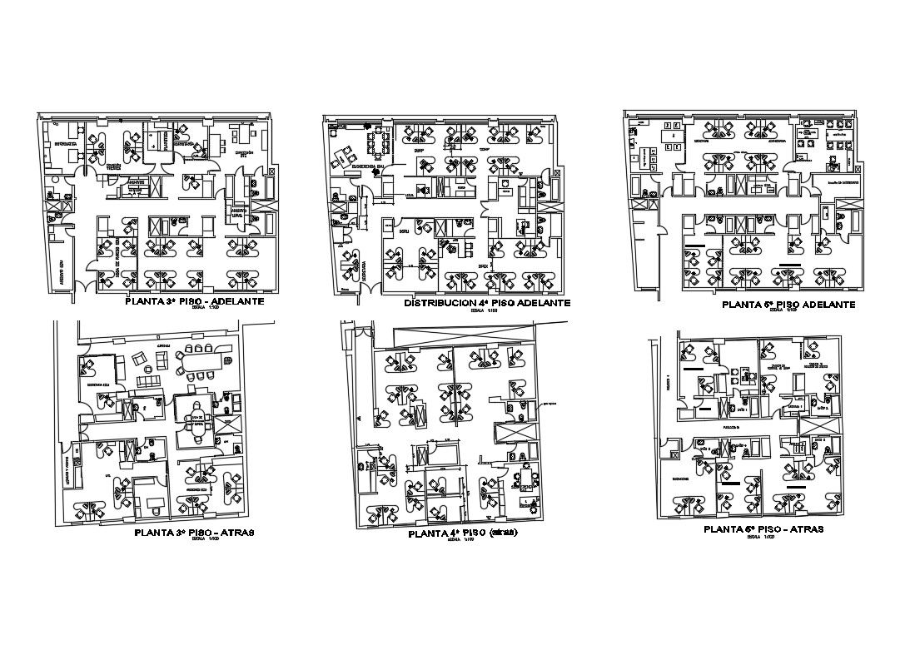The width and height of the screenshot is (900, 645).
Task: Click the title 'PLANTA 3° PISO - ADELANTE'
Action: pos(194,300)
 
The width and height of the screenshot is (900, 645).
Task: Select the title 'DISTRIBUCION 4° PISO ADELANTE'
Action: pos(487,304)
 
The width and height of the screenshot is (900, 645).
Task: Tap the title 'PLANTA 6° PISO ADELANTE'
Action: pos(788,305)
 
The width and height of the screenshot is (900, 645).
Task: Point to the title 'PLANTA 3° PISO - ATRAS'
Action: pos(194,531)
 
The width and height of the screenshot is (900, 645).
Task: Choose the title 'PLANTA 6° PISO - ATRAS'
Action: pos(763,529)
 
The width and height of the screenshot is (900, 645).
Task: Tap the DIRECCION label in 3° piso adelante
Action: pos(243,153)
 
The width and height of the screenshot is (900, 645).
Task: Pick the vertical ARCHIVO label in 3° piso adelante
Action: pos(61,270)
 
